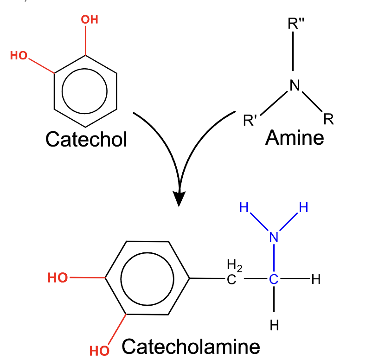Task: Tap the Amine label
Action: point(295,137)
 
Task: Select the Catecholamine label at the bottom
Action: point(191,347)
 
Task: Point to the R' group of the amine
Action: point(251,121)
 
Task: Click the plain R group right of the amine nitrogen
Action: point(329,120)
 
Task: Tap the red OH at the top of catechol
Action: point(89,20)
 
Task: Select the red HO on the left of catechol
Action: point(19,56)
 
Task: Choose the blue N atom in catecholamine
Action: point(274,237)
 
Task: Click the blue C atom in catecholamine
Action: point(274,279)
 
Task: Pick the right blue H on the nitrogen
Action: point(303,207)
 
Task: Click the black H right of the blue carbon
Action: point(316,279)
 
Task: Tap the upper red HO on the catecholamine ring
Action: point(58,277)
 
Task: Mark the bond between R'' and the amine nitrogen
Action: point(294,53)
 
